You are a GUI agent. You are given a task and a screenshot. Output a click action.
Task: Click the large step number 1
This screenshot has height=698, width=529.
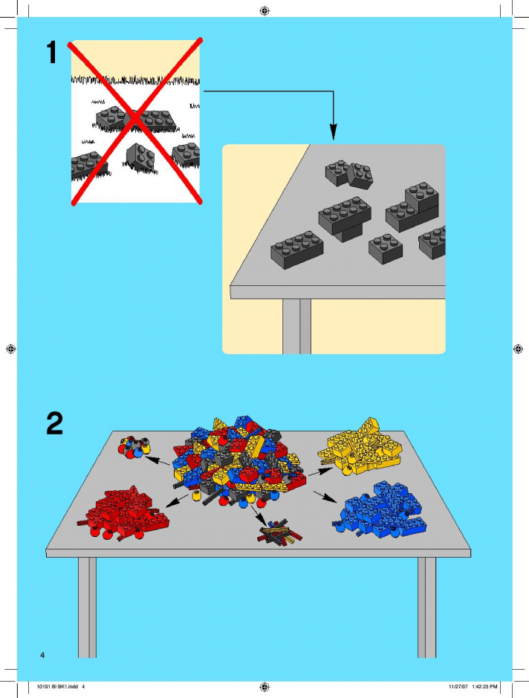52,52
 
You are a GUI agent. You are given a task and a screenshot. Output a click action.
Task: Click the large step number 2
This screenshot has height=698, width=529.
54,423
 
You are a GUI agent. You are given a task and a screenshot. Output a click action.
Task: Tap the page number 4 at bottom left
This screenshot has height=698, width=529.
42,655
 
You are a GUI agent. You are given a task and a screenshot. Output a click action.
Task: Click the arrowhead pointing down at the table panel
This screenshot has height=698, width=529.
333,132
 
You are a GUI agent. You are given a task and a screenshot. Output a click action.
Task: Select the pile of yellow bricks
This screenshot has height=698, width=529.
360,447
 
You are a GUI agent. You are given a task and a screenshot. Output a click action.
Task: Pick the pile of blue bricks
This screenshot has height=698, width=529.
380,509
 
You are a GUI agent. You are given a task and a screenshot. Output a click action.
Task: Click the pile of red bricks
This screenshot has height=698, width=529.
123,513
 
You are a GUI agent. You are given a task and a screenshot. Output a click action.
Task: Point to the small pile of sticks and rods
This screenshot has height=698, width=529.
279,532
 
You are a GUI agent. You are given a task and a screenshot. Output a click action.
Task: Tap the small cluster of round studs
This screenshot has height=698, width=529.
134,447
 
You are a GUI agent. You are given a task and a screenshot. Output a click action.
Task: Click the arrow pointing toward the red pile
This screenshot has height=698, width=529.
177,500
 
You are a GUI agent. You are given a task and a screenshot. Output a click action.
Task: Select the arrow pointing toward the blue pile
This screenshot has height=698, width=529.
325,498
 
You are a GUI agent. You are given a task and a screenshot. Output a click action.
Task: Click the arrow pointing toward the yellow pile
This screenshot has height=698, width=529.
320,472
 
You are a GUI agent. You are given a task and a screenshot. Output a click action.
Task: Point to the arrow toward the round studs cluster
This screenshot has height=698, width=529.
158,460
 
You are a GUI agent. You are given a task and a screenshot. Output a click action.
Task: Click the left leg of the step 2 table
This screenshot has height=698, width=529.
87,607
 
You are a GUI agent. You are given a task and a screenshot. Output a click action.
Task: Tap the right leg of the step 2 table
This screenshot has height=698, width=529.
426,607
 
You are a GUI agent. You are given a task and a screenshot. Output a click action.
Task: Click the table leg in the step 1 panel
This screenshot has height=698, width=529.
296,326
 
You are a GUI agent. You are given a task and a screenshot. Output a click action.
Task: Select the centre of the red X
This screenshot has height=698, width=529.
135,121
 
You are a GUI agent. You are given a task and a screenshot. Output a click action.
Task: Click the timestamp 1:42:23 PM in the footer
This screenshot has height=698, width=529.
484,686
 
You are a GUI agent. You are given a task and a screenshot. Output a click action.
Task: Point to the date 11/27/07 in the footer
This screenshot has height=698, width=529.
458,686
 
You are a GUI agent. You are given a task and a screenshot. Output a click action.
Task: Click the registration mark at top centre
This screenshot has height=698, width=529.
264,10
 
